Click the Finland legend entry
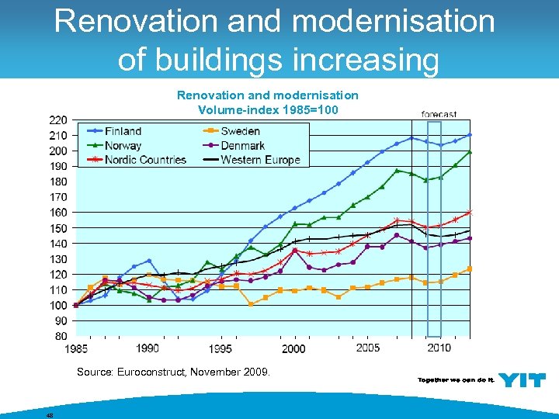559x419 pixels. click(123, 131)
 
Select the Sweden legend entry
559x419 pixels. click(240, 131)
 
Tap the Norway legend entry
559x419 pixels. click(123, 145)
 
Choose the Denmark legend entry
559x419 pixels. click(243, 145)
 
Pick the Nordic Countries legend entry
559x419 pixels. click(145, 160)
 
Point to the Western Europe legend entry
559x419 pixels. click(260, 160)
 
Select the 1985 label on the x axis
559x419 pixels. click(75, 348)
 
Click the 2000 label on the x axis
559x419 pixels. click(293, 348)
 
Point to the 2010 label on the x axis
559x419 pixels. click(439, 348)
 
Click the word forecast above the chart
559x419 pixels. click(439, 114)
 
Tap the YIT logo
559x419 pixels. click(521, 379)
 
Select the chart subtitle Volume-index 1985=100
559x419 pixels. click(268, 109)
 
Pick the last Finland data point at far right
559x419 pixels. click(470, 135)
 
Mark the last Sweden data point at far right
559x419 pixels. click(470, 269)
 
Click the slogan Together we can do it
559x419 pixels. click(455, 380)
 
